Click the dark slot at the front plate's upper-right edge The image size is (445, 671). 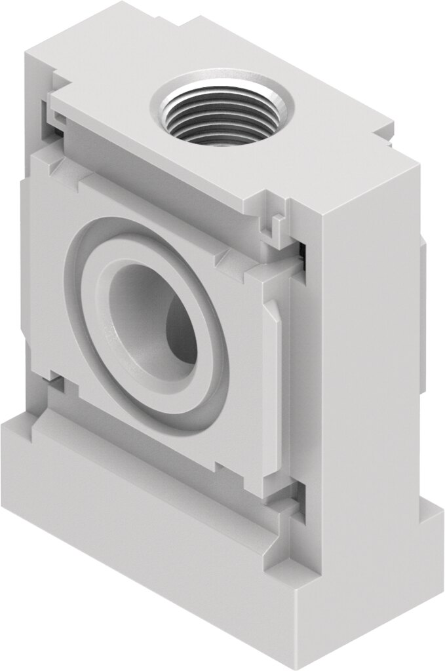coord(303,256)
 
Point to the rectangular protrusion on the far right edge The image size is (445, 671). coord(423,315)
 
